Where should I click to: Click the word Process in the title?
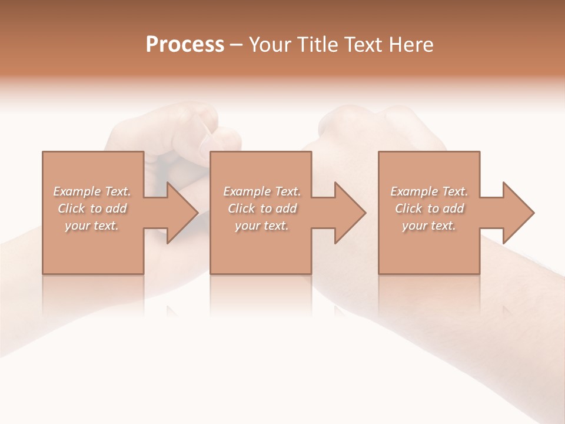(x=185, y=45)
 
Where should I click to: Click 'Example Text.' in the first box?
(x=92, y=191)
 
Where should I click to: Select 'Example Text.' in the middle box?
(x=262, y=191)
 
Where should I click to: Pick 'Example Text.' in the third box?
(x=429, y=191)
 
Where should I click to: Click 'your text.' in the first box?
(x=92, y=226)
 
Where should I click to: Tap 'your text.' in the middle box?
(x=262, y=226)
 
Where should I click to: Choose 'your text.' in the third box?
(x=429, y=226)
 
